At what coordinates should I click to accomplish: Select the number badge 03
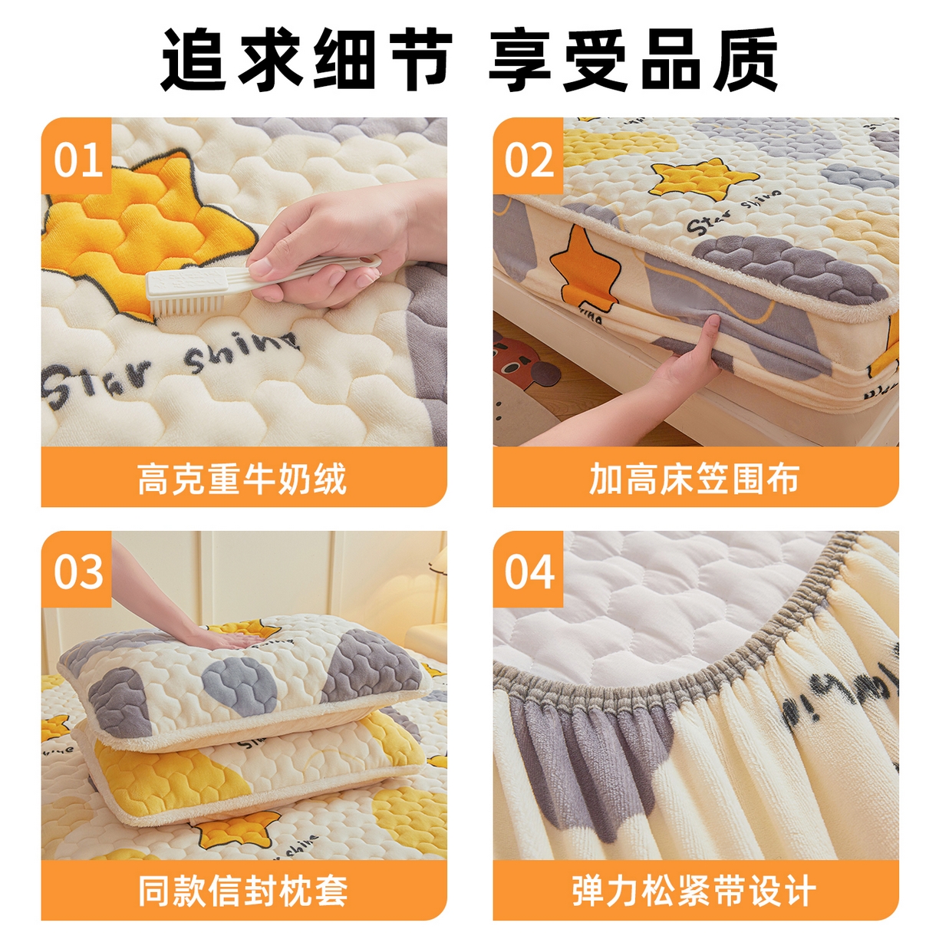coord(77,572)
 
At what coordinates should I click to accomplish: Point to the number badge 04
coord(529,572)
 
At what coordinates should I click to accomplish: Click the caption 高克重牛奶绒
coord(242,479)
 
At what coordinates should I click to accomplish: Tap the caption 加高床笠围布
coord(694,479)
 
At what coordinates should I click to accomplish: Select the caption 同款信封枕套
coord(242,891)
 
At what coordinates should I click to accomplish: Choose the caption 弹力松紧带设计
coord(694,891)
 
